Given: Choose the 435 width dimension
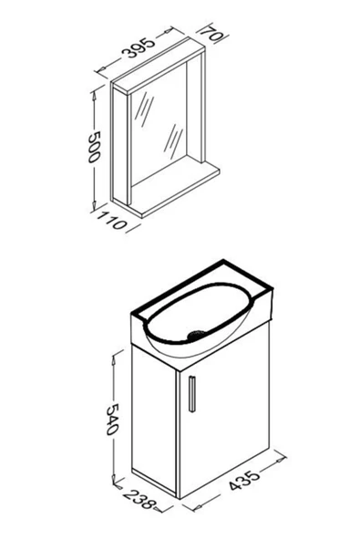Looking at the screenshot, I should coord(246,482).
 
